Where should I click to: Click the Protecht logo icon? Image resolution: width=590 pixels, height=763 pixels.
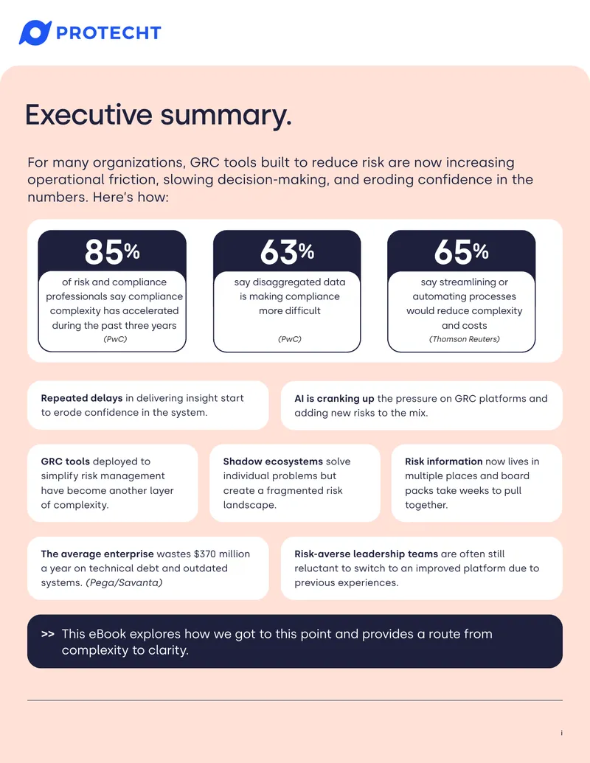pyautogui.click(x=35, y=32)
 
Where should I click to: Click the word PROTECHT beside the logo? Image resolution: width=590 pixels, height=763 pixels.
pyautogui.click(x=108, y=33)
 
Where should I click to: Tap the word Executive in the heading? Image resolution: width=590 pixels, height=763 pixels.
pyautogui.click(x=88, y=115)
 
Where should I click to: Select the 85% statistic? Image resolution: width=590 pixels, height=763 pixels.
pyautogui.click(x=112, y=252)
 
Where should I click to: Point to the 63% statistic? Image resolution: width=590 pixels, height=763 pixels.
pyautogui.click(x=287, y=252)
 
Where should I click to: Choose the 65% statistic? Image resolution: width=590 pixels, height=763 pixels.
pyautogui.click(x=462, y=252)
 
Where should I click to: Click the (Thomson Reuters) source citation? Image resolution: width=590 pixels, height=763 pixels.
pyautogui.click(x=465, y=339)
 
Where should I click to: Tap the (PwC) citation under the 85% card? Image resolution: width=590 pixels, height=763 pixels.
pyautogui.click(x=115, y=339)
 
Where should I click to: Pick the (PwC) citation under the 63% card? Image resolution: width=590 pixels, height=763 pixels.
pyautogui.click(x=290, y=339)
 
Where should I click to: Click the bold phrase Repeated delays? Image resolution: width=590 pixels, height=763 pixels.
pyautogui.click(x=82, y=398)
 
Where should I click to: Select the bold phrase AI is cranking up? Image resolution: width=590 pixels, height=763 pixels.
pyautogui.click(x=334, y=399)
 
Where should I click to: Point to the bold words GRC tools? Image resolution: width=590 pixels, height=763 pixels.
pyautogui.click(x=66, y=461)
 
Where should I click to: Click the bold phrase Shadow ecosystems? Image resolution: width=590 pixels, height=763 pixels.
pyautogui.click(x=273, y=461)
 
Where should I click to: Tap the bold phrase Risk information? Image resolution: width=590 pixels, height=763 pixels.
pyautogui.click(x=444, y=461)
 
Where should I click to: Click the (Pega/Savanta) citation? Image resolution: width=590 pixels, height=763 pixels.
pyautogui.click(x=124, y=582)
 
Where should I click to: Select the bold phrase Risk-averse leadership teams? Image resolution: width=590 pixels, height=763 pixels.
pyautogui.click(x=366, y=554)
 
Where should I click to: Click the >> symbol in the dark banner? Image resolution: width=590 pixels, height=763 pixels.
pyautogui.click(x=48, y=634)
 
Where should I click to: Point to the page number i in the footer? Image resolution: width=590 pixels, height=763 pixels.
pyautogui.click(x=561, y=733)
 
